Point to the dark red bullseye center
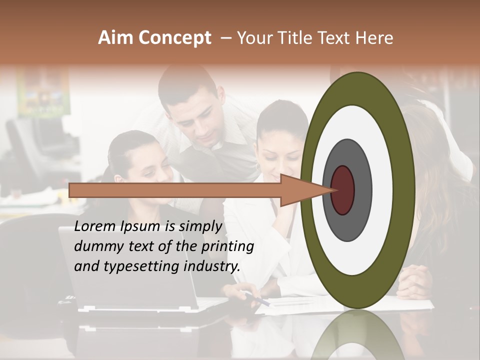click(343, 190)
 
